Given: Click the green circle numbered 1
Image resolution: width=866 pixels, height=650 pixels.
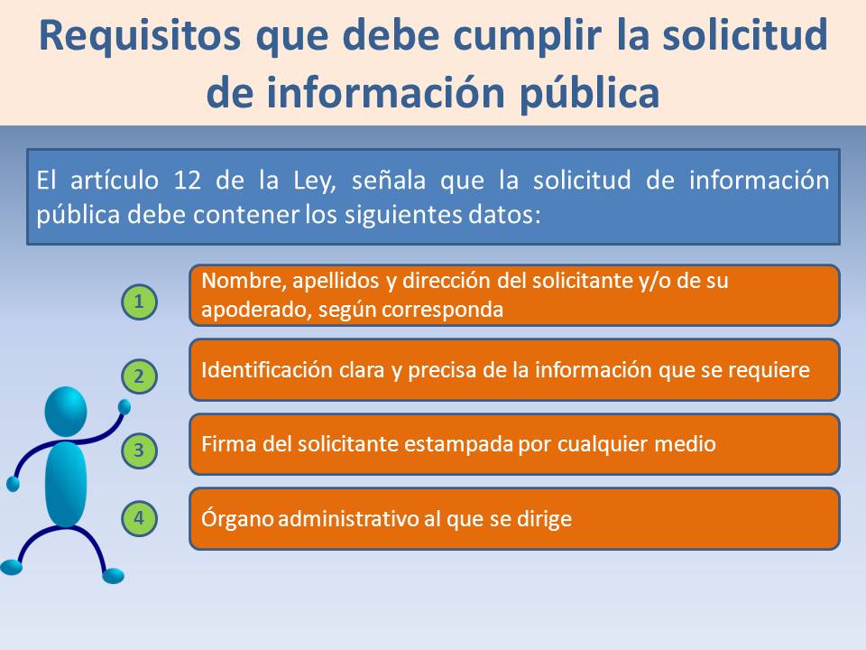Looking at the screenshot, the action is click(139, 302).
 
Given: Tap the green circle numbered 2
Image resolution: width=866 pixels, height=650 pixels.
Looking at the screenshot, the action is click(139, 376).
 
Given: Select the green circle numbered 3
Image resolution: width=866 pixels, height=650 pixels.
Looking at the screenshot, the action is click(139, 450).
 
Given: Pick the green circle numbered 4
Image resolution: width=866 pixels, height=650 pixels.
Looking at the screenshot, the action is click(139, 518).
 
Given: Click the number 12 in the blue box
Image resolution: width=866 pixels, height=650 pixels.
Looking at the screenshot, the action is click(188, 181).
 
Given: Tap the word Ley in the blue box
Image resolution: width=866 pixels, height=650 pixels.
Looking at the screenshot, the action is click(314, 181).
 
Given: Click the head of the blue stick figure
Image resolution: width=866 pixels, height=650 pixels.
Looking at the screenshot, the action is click(66, 411).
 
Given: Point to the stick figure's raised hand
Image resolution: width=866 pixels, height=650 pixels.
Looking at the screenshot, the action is click(124, 407).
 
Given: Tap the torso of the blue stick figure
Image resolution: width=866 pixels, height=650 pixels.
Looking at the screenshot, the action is click(66, 484).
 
